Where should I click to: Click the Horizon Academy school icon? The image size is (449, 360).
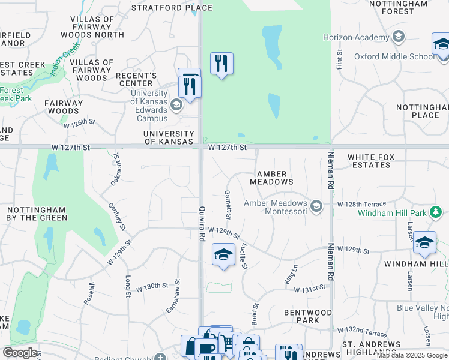(x=397, y=37)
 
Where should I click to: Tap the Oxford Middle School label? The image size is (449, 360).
(x=394, y=57)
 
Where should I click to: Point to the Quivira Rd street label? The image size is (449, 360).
(x=202, y=224)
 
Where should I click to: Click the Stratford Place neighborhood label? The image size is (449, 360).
(x=172, y=8)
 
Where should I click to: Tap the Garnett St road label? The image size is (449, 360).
(x=229, y=205)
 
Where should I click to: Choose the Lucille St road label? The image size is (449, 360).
(x=244, y=256)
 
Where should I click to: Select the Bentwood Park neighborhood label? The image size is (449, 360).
(x=308, y=316)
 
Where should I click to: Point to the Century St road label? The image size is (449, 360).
(x=117, y=217)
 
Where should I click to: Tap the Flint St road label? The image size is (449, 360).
(x=339, y=59)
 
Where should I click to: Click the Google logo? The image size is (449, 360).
(x=20, y=353)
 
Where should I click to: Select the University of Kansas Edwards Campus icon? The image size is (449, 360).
(x=176, y=106)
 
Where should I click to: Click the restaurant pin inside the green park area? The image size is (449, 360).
(x=221, y=63)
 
